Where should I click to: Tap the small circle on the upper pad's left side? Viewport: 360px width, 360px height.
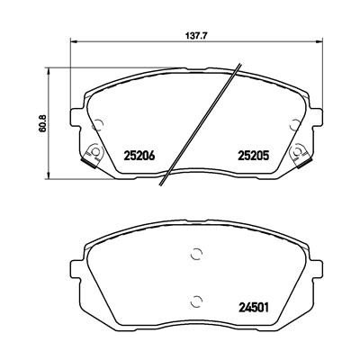(98, 124)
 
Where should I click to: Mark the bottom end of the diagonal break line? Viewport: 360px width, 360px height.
(160, 186)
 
